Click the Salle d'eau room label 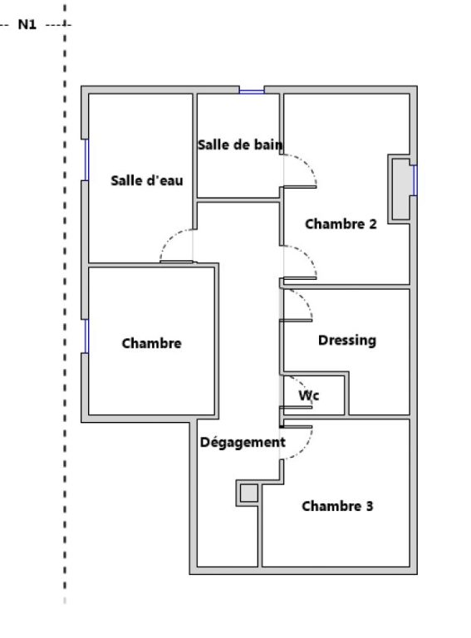[x=147, y=180]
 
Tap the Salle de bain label [x=240, y=145]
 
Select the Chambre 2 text [x=341, y=223]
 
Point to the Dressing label [x=347, y=341]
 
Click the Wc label [x=309, y=395]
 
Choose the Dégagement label [x=243, y=442]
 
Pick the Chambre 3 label [x=337, y=506]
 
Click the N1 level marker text [x=27, y=24]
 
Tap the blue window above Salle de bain [x=252, y=91]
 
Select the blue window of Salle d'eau [x=86, y=159]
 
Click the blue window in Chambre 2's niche [x=415, y=179]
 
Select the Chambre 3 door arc [x=305, y=451]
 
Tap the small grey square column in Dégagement [x=248, y=493]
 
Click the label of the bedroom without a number [x=151, y=343]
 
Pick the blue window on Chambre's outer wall [x=86, y=336]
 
